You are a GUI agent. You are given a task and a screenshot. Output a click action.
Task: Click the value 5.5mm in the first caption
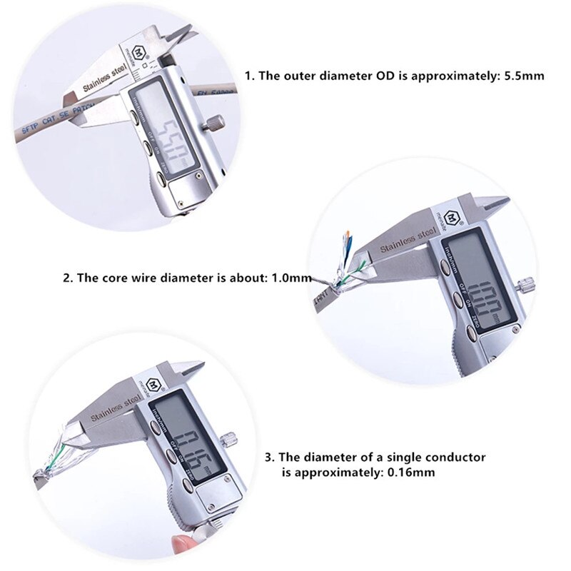pos(527,75)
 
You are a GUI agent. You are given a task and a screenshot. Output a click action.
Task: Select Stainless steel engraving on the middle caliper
pos(407,239)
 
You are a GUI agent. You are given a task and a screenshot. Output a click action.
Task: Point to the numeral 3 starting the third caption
pos(268,456)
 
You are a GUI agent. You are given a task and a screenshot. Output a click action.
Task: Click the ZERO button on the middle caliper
pos(472,329)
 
